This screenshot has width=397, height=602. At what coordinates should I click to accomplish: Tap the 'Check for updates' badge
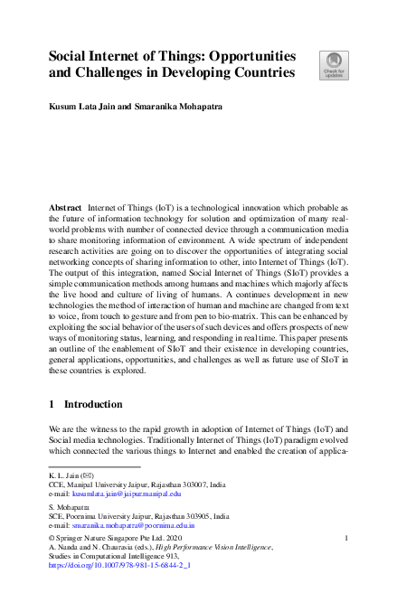(333, 66)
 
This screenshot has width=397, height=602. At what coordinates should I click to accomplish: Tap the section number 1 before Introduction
(52, 404)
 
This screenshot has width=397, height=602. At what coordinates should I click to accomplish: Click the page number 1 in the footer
(346, 538)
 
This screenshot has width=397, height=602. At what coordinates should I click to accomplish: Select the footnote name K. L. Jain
(64, 475)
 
